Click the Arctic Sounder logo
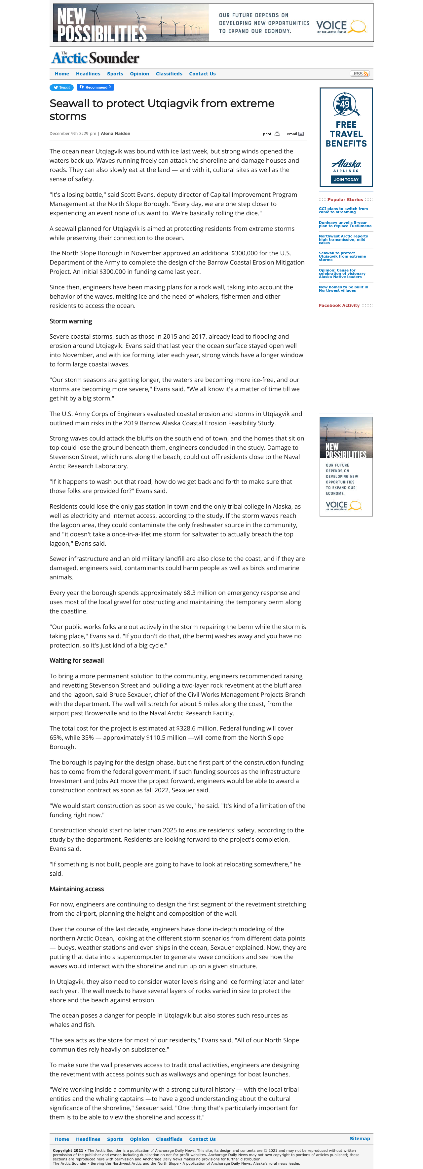click(95, 58)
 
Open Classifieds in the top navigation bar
click(169, 74)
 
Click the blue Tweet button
click(62, 88)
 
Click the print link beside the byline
click(271, 134)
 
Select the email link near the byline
click(295, 134)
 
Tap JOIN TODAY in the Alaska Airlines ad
click(346, 180)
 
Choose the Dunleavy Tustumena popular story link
click(345, 225)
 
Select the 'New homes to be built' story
click(343, 289)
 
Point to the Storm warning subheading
click(71, 321)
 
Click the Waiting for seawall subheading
click(77, 661)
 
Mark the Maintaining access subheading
click(77, 889)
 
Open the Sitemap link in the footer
click(360, 1139)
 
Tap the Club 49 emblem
click(345, 104)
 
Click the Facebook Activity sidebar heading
click(339, 306)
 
